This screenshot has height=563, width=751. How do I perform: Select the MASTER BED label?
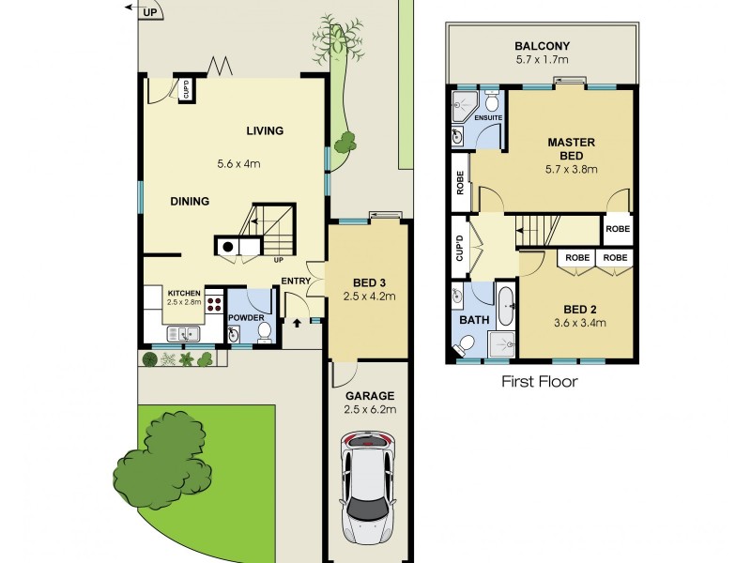(573, 149)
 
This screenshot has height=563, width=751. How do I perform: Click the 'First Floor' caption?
(539, 382)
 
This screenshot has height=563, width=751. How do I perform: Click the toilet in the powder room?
(264, 330)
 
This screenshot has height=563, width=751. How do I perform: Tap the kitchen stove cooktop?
(213, 303)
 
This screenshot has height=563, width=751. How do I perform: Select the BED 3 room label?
(368, 282)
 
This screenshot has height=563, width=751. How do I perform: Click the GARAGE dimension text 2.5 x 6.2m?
(368, 409)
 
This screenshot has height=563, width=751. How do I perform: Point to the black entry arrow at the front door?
(299, 324)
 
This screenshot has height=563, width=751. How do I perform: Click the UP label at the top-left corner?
(150, 12)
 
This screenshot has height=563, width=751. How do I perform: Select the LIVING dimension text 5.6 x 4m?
(239, 163)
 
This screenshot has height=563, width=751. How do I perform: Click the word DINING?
(190, 201)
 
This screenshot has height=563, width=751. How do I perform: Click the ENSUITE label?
(487, 117)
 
